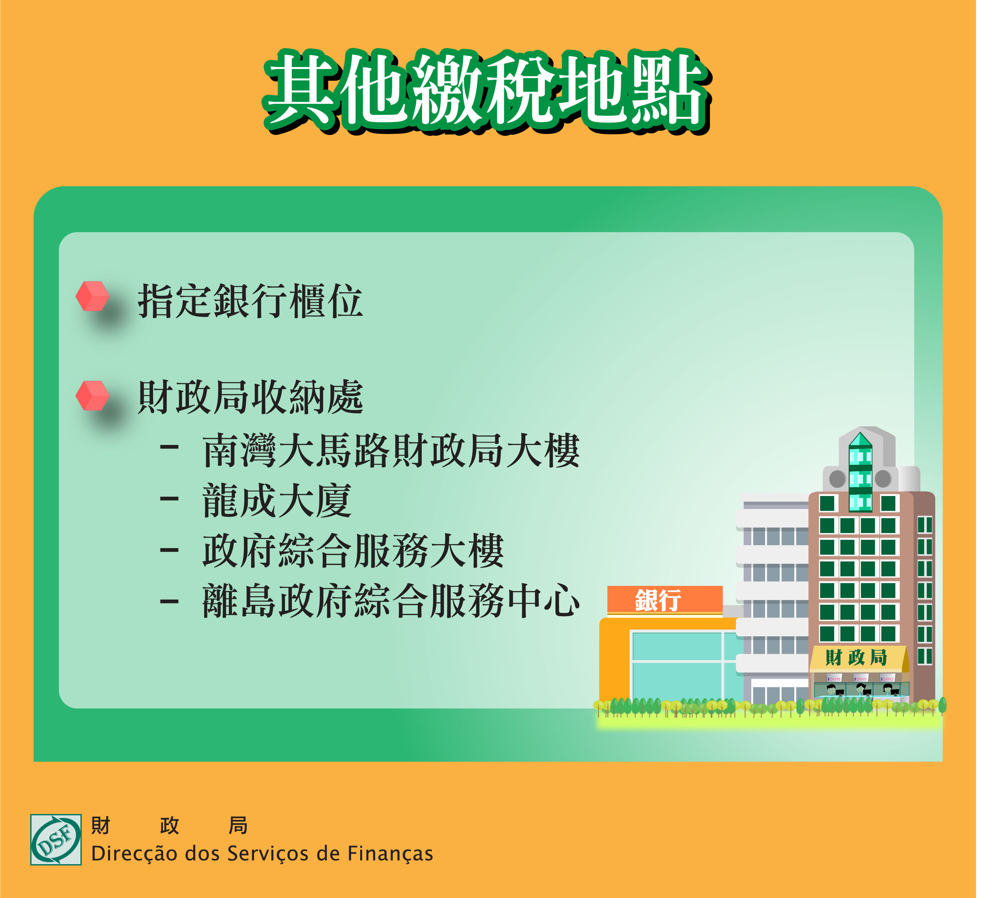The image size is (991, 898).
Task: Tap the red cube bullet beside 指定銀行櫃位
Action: tap(92, 296)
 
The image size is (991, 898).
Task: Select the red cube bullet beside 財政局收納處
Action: tap(92, 395)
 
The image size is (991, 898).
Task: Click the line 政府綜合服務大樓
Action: tap(353, 551)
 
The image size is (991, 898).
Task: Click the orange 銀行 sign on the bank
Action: tap(665, 600)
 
